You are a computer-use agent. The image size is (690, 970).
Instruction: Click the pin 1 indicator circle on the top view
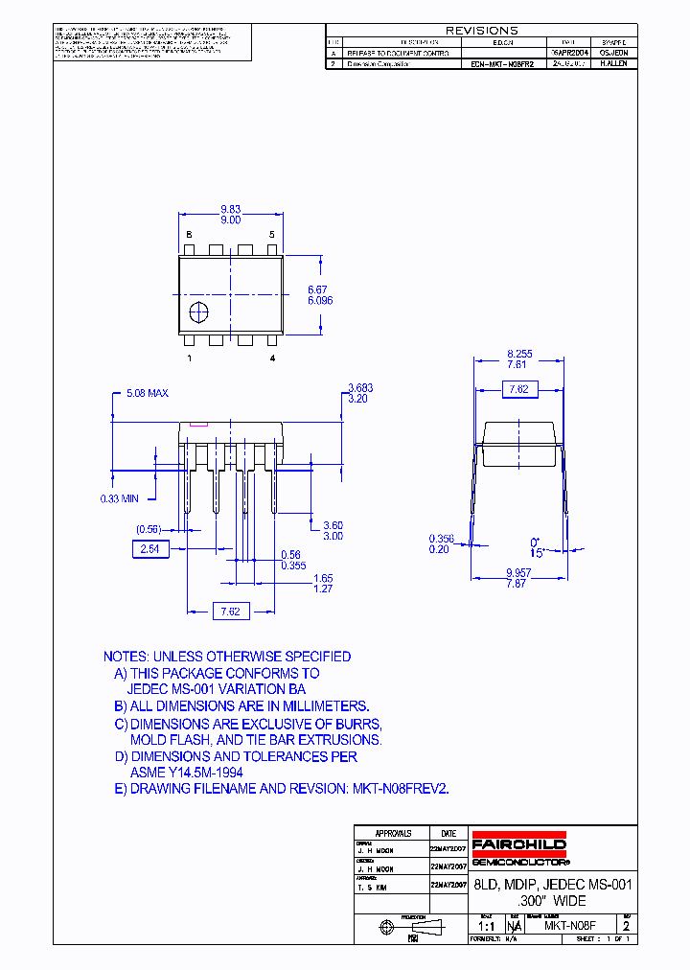click(199, 312)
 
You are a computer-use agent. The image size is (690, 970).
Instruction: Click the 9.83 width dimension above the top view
click(230, 207)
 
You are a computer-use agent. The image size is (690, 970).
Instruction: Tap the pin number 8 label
click(189, 235)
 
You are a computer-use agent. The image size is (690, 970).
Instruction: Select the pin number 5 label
click(271, 235)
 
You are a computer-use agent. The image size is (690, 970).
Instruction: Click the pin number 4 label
click(272, 358)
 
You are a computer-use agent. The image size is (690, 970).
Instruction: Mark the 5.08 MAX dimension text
click(148, 394)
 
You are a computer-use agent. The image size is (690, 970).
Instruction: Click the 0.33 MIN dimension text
click(120, 498)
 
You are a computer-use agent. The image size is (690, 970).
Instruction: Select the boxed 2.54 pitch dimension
click(149, 548)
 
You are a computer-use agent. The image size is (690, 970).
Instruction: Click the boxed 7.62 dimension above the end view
click(518, 389)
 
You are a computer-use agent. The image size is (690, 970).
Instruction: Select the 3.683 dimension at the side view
click(359, 387)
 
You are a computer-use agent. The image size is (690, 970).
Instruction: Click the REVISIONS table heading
click(481, 31)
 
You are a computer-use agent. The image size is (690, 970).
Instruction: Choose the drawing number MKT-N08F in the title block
click(570, 926)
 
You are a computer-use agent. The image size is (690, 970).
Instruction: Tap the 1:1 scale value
click(486, 926)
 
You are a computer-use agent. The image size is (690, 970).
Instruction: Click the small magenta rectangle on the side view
click(199, 423)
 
